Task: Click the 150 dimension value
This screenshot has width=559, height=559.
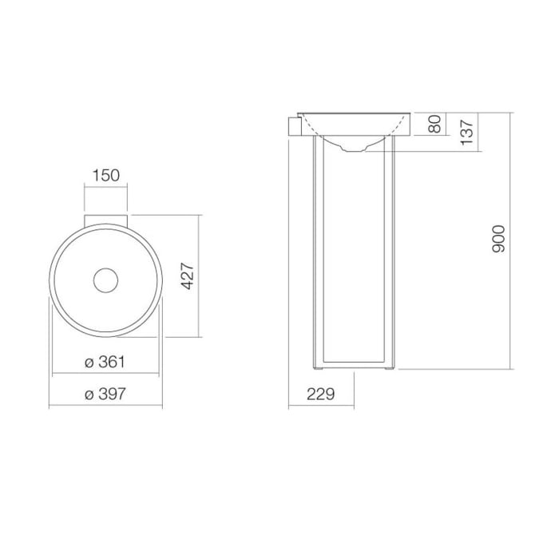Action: click(x=106, y=175)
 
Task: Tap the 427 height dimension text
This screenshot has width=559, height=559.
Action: click(x=188, y=277)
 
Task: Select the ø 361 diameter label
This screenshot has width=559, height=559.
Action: click(x=106, y=362)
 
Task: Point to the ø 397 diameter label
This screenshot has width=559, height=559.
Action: click(x=106, y=393)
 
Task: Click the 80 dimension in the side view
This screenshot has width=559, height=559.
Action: click(x=434, y=125)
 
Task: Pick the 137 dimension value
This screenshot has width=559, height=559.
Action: click(x=468, y=130)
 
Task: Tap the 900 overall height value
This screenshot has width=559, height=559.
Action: click(x=498, y=240)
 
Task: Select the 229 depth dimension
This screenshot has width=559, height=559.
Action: click(x=319, y=393)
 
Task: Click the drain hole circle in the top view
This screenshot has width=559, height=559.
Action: click(x=106, y=279)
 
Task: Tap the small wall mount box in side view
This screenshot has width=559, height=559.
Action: click(x=294, y=126)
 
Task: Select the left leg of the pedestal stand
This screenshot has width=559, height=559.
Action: click(x=316, y=256)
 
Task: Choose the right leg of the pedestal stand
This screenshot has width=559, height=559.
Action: click(x=391, y=256)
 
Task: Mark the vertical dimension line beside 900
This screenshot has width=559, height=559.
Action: click(x=510, y=240)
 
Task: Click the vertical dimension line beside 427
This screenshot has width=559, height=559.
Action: click(x=200, y=277)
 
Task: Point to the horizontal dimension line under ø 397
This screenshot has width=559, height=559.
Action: click(x=106, y=406)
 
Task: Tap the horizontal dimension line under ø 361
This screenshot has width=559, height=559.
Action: click(x=106, y=375)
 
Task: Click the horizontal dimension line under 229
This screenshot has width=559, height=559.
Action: click(x=319, y=406)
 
